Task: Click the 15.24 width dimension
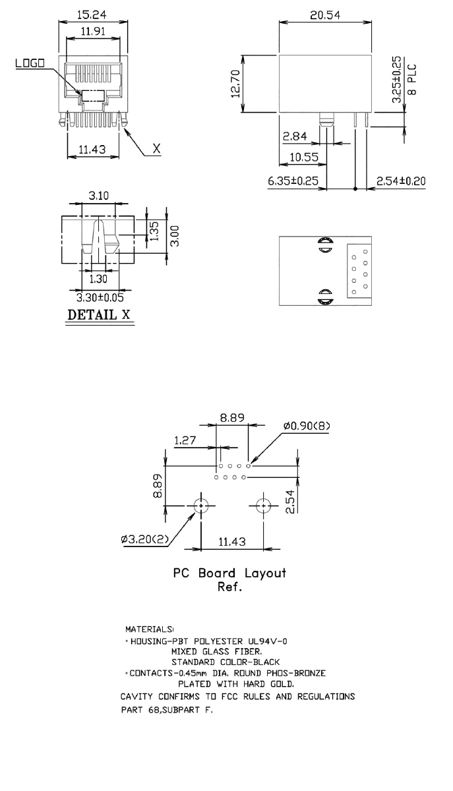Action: click(x=92, y=15)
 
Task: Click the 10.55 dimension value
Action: click(x=301, y=158)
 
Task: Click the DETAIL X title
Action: click(x=98, y=315)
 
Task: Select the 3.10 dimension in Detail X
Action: click(x=100, y=196)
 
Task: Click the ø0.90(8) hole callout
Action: click(x=307, y=426)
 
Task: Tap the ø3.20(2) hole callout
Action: click(x=144, y=540)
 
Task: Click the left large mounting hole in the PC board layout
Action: click(x=201, y=506)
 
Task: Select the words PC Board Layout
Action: click(x=229, y=573)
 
